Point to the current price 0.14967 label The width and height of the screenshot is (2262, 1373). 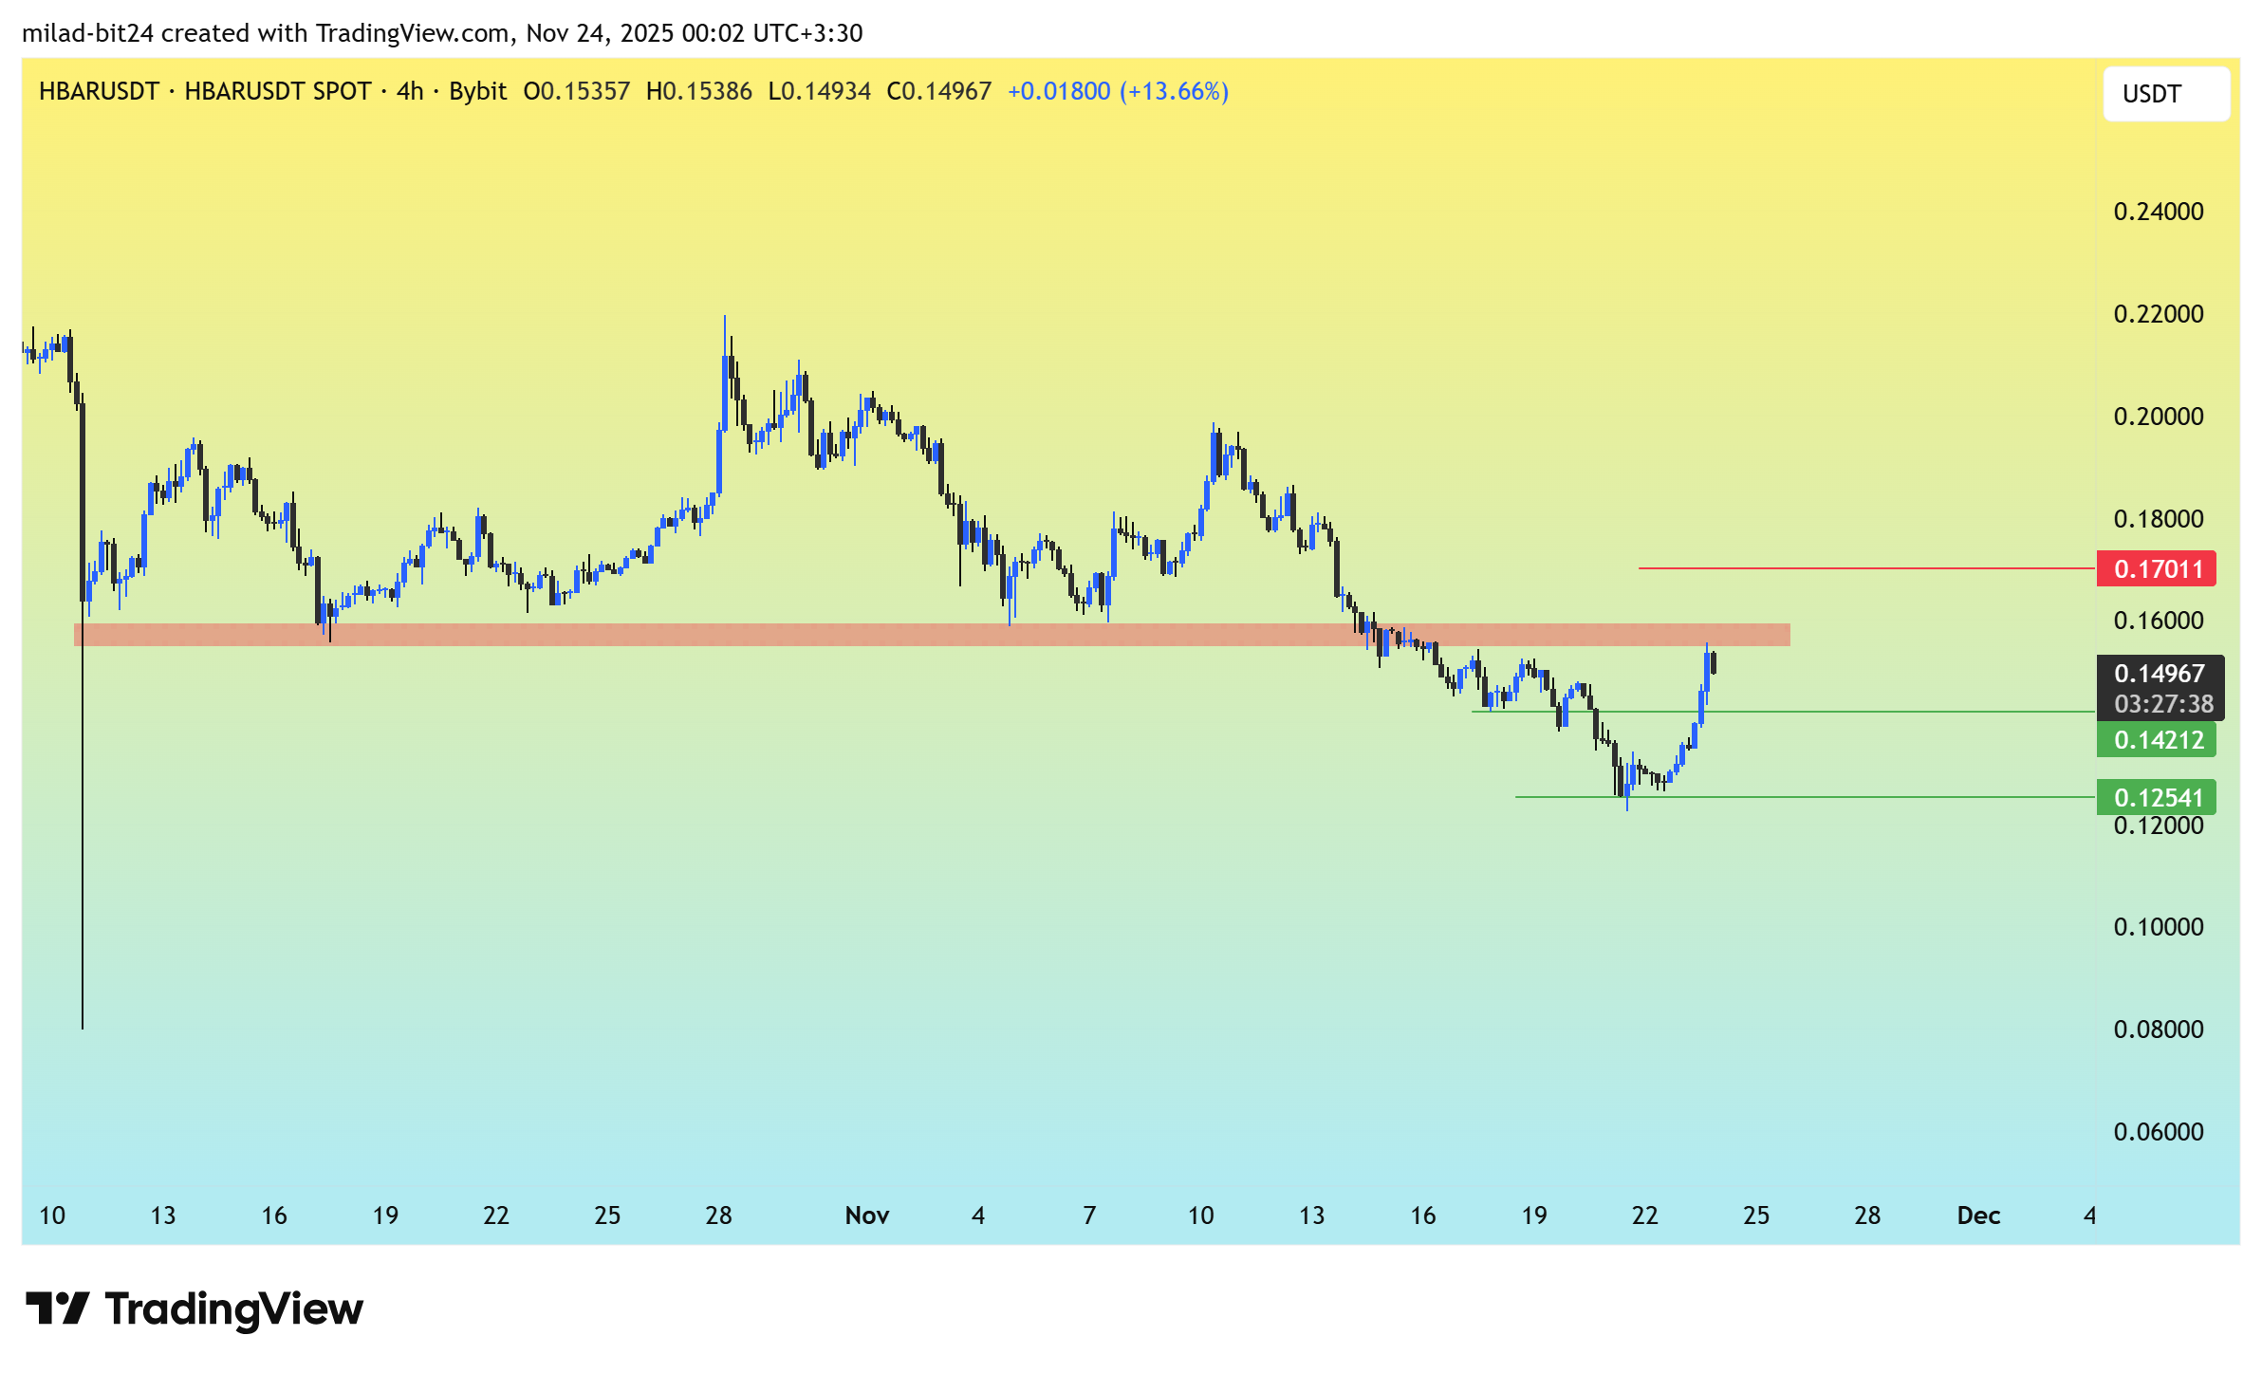click(x=2159, y=674)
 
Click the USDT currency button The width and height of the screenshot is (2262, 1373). click(x=2165, y=94)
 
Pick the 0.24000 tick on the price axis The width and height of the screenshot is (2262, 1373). click(x=2158, y=212)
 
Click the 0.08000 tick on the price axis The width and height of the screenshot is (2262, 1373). click(x=2158, y=1030)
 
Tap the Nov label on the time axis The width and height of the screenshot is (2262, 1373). click(x=866, y=1215)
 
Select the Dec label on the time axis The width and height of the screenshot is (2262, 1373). click(x=1978, y=1215)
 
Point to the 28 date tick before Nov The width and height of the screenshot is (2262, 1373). click(x=718, y=1215)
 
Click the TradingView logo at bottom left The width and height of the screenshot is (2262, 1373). click(x=195, y=1309)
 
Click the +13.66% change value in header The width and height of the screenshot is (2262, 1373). click(x=1174, y=91)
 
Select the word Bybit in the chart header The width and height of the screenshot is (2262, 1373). click(x=477, y=91)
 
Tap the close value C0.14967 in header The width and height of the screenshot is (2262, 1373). click(x=938, y=91)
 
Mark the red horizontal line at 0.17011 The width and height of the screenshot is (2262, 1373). click(x=1860, y=568)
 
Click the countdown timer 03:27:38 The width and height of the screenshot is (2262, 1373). click(x=2163, y=704)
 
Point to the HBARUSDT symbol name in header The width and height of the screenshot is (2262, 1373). click(x=99, y=91)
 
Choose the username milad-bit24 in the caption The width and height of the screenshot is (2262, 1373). click(x=87, y=33)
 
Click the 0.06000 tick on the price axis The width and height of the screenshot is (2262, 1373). click(x=2158, y=1132)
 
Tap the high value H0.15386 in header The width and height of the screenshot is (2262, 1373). click(x=698, y=91)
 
